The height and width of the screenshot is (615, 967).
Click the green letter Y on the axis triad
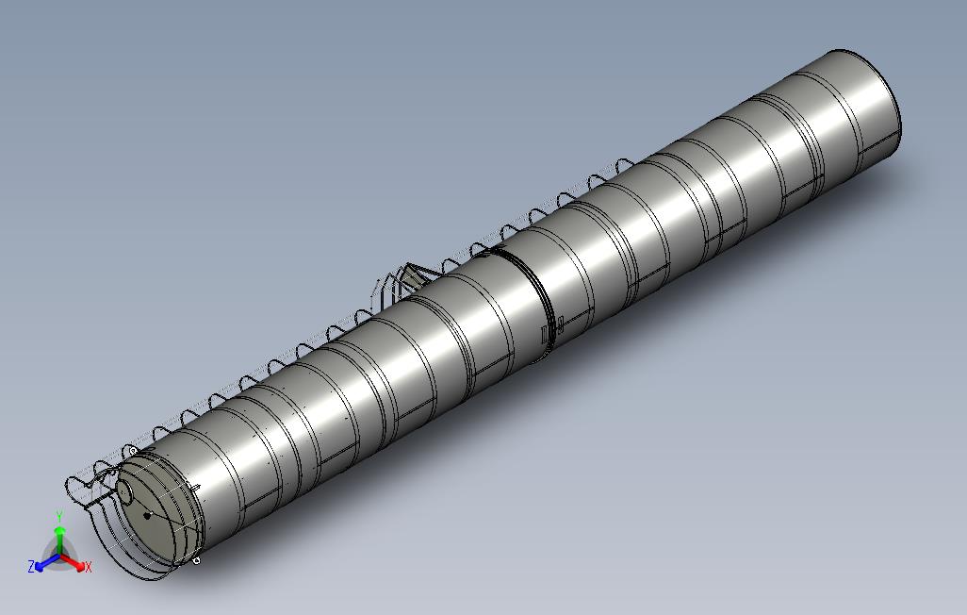click(x=59, y=516)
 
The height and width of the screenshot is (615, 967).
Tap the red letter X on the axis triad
click(x=89, y=567)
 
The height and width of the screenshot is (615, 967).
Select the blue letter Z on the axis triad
click(x=31, y=566)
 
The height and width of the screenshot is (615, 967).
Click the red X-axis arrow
click(x=73, y=562)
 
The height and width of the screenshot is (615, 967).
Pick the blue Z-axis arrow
click(x=47, y=561)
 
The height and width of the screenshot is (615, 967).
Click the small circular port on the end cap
click(x=125, y=492)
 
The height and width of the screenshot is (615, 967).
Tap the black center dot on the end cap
click(x=147, y=515)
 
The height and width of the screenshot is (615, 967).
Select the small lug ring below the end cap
click(x=196, y=560)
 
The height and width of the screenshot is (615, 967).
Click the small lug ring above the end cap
click(x=133, y=452)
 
